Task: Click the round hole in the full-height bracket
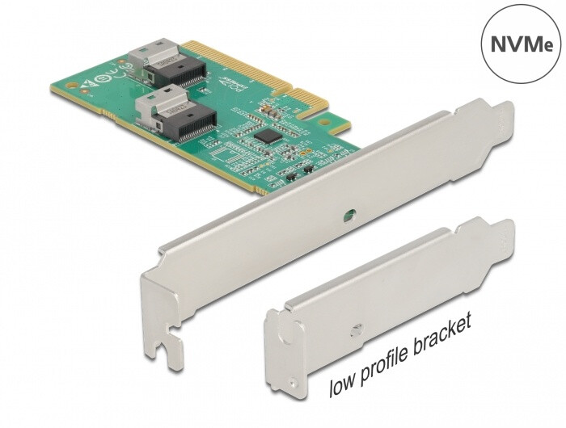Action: tap(348, 216)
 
